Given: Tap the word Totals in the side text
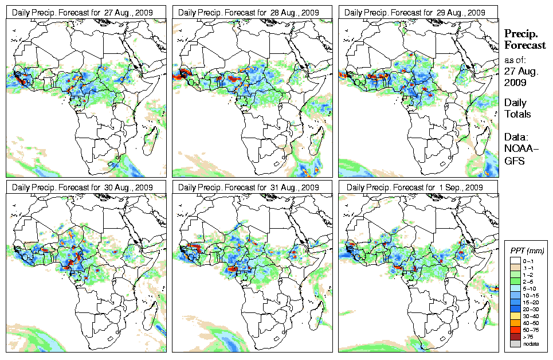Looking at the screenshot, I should point(517,114).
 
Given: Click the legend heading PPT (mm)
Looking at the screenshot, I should point(527,251).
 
